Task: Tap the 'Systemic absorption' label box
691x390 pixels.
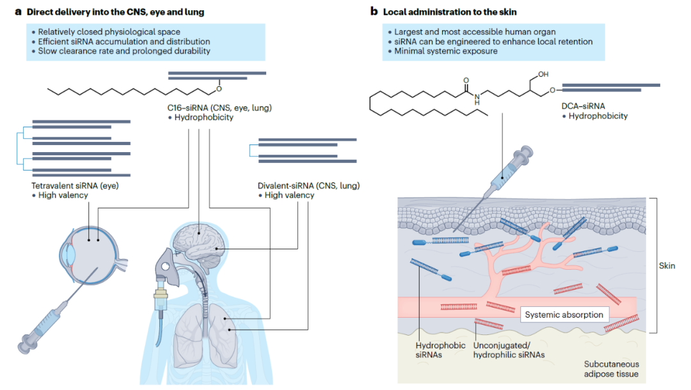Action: [563, 315]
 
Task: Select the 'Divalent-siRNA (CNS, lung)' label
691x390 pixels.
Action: [308, 185]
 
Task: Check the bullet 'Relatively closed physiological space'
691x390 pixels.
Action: [109, 31]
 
